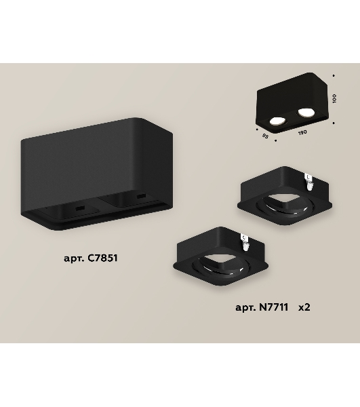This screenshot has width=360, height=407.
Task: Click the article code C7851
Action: click(x=102, y=258)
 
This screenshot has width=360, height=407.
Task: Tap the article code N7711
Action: click(x=274, y=307)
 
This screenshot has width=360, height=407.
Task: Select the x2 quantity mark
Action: click(x=304, y=307)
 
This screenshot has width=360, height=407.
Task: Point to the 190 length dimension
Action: click(x=302, y=133)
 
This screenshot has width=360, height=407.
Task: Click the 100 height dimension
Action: click(x=334, y=98)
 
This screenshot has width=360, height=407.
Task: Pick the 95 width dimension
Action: click(x=265, y=136)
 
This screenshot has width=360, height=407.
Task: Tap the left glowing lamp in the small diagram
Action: click(x=277, y=121)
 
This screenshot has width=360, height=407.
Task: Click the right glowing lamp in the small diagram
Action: click(x=306, y=112)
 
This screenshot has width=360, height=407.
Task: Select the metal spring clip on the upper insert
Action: click(x=308, y=182)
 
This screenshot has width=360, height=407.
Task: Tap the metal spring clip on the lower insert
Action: click(x=245, y=242)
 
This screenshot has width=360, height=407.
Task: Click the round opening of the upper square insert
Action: click(x=285, y=205)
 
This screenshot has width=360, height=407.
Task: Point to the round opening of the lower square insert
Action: click(x=221, y=265)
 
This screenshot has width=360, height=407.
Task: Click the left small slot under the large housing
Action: click(x=80, y=208)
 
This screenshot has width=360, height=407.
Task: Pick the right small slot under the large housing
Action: click(x=141, y=196)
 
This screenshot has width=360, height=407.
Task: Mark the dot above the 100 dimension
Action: click(x=334, y=76)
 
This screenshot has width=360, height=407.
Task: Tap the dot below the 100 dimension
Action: click(x=334, y=123)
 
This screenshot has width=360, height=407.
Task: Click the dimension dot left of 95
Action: click(x=257, y=129)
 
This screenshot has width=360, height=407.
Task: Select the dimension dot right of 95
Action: click(x=275, y=140)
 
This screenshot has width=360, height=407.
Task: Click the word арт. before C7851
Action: click(x=73, y=258)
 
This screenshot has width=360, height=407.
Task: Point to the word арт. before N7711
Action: click(x=245, y=308)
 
